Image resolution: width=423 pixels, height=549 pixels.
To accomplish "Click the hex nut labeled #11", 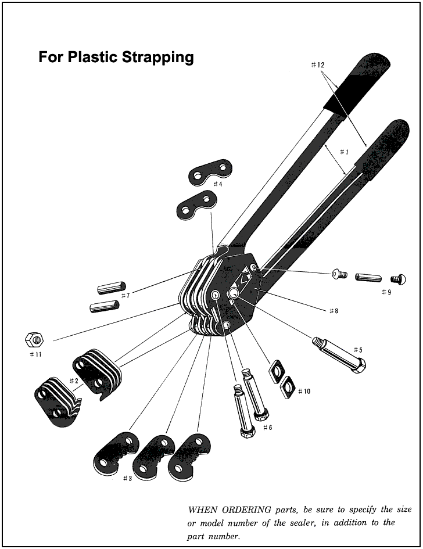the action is click(35, 339).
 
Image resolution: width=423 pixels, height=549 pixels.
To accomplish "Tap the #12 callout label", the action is click(318, 64).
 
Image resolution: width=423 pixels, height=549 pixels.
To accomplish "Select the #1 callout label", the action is click(344, 152).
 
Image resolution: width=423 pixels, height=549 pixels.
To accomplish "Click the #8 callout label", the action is click(334, 311).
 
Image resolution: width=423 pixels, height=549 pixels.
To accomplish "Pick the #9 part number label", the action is click(386, 292).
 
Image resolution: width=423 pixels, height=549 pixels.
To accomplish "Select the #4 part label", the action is click(218, 184).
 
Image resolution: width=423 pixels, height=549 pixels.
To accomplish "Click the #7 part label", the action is click(126, 296).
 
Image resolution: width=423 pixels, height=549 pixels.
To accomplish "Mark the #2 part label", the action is click(74, 381).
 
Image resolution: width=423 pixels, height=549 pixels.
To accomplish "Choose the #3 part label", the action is click(127, 479).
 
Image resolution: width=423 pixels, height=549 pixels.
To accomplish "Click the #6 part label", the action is click(267, 427).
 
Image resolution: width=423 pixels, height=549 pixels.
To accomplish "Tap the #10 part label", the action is click(304, 391).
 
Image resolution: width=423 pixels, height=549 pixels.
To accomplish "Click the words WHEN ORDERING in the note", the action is click(230, 509).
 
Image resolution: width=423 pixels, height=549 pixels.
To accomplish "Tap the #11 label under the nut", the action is click(35, 354).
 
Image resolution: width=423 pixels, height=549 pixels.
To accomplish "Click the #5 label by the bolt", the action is click(358, 349).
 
